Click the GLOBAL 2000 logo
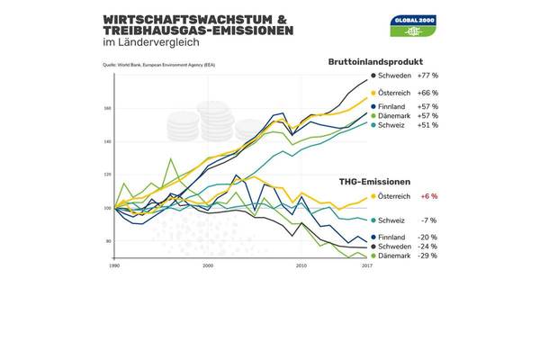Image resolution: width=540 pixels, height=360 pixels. pos(415,25)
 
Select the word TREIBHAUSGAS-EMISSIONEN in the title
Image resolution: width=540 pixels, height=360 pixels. pos(199,31)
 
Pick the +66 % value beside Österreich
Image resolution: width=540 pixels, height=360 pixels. pos(427,93)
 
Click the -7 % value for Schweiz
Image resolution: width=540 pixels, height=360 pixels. pos(427,220)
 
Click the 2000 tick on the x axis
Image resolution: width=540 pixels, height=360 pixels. pos(208,266)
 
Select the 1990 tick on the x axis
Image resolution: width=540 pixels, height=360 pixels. pos(114,266)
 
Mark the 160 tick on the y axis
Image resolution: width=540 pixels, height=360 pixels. pos(107,109)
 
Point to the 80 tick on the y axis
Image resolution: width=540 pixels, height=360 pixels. pos(108,241)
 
